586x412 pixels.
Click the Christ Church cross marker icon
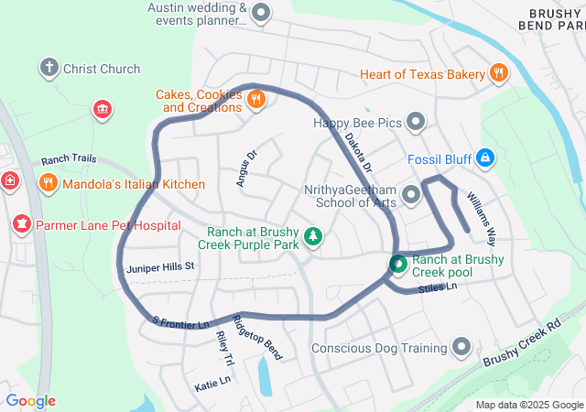click(49, 68)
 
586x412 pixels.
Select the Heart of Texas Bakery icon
click(498, 73)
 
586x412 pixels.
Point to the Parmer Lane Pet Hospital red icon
click(21, 223)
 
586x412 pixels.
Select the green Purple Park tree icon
click(313, 237)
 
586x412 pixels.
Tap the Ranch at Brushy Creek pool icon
click(398, 265)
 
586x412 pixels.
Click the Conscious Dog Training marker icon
click(461, 348)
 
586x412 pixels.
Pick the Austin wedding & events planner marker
click(261, 14)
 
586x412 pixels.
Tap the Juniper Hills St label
click(161, 266)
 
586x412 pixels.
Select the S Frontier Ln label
click(180, 323)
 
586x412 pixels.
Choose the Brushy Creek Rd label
click(522, 343)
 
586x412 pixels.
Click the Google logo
click(30, 400)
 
